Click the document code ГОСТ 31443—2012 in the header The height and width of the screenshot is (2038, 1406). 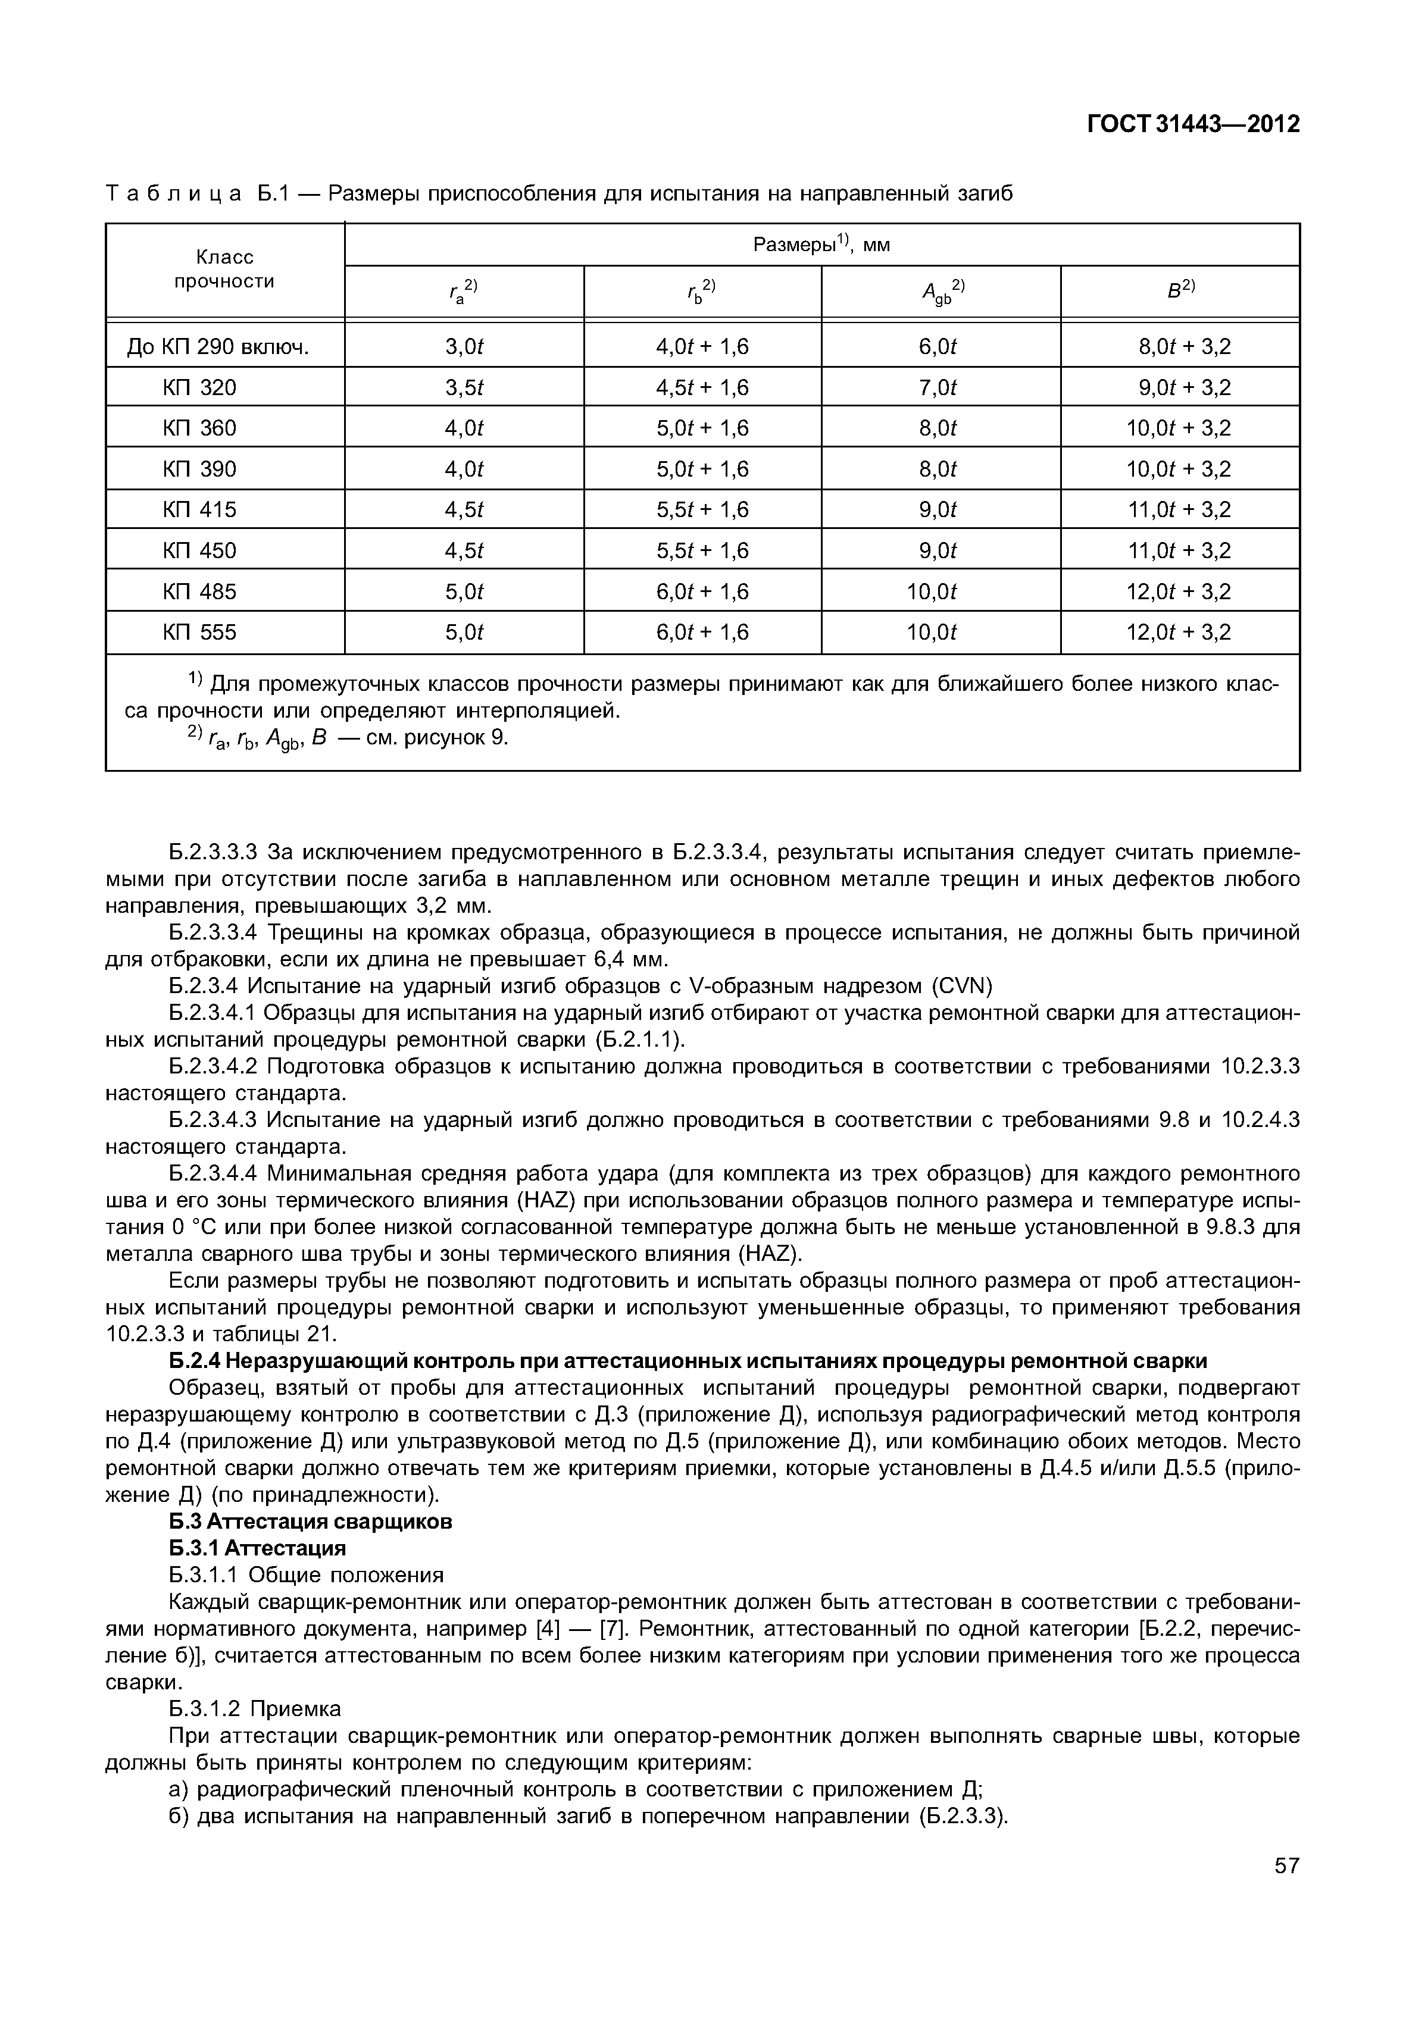click(x=1193, y=124)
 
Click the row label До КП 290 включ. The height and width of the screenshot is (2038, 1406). click(x=218, y=346)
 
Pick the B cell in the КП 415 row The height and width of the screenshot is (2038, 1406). click(x=1179, y=510)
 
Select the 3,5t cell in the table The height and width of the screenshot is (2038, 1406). click(x=464, y=387)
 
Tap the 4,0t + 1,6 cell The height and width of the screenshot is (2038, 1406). click(x=702, y=346)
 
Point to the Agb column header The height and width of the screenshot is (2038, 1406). click(x=942, y=292)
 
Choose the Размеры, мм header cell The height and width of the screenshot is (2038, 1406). click(x=821, y=245)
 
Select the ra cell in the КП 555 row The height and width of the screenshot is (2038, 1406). click(x=464, y=633)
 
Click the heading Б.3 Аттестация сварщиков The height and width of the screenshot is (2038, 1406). click(x=310, y=1522)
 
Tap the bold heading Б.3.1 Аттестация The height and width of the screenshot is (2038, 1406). click(x=257, y=1548)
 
